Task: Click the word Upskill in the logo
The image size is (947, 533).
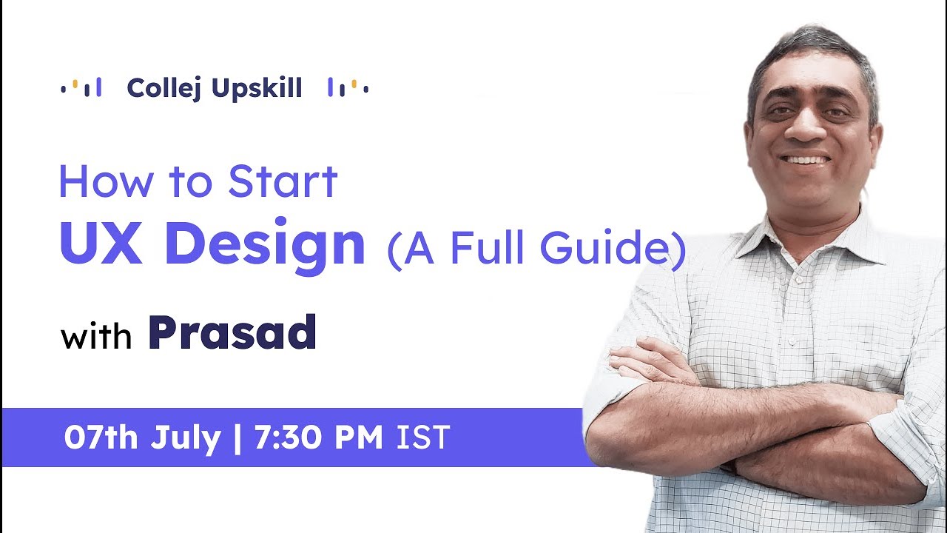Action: click(x=257, y=89)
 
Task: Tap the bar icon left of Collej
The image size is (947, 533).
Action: click(x=81, y=88)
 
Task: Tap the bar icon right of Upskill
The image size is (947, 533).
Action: click(x=348, y=88)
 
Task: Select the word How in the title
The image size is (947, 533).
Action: click(x=98, y=182)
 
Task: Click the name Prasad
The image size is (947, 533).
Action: click(x=232, y=334)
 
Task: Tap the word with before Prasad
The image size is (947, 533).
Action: click(x=95, y=338)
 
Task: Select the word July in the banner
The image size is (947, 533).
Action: click(x=185, y=438)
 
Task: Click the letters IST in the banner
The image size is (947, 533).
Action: click(x=423, y=438)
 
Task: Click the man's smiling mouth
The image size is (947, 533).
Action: click(x=806, y=160)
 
